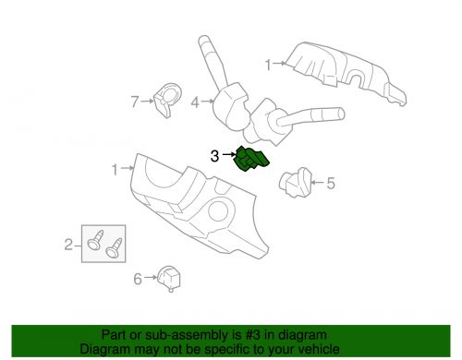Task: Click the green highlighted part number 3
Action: point(251,159)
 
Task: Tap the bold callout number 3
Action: point(214,156)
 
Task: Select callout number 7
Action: point(135,102)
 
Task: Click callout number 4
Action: point(195,102)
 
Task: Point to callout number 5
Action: point(331,184)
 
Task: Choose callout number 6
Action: point(138,279)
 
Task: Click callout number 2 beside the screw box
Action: point(68,245)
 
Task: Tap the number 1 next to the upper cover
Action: point(268,65)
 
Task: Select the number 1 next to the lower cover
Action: point(115,170)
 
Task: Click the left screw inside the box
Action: point(94,241)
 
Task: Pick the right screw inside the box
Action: point(114,248)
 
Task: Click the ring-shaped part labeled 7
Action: point(167,100)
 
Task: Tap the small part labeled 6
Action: point(169,278)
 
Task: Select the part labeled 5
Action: point(295,183)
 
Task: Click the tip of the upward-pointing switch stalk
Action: point(203,40)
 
